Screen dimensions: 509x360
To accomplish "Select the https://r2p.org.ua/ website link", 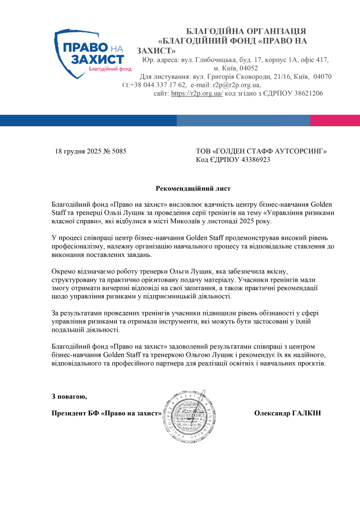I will click(x=197, y=94).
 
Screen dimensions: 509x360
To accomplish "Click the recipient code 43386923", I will click(x=256, y=160).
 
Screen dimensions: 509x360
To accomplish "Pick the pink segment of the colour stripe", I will click(x=335, y=120).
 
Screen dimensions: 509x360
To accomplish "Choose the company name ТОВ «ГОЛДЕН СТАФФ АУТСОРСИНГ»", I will click(x=261, y=151).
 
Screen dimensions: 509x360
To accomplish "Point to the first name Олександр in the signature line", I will click(x=271, y=413).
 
